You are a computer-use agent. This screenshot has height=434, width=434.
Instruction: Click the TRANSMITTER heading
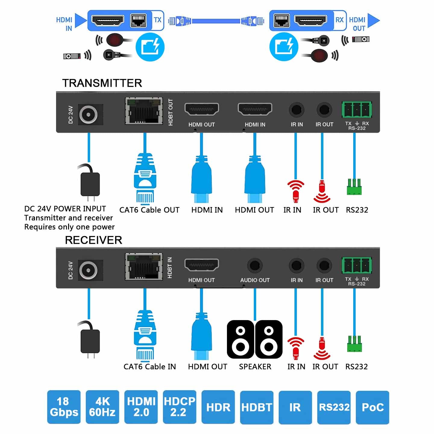[102, 83]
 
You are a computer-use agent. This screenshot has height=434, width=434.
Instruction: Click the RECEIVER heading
[93, 240]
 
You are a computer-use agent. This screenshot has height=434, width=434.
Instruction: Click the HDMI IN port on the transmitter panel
[255, 109]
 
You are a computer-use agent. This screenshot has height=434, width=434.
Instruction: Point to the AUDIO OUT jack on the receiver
[255, 266]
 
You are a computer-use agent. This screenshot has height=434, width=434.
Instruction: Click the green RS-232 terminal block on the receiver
[357, 266]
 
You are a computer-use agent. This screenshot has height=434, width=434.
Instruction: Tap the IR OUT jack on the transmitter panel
[324, 110]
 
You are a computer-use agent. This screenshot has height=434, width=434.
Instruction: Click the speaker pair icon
[255, 339]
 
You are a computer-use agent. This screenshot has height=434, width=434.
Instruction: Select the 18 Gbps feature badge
[64, 407]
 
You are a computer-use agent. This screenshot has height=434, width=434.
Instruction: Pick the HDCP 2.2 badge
[179, 407]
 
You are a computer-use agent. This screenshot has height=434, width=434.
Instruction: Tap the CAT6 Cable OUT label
[149, 210]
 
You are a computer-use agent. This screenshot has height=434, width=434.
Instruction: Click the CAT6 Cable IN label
[149, 367]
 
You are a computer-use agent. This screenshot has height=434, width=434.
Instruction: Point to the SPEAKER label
[255, 367]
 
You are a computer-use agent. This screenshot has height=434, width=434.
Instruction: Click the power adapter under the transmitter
[90, 184]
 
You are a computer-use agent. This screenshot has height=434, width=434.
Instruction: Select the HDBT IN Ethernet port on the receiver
[144, 267]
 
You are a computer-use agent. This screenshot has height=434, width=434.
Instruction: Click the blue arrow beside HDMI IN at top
[80, 20]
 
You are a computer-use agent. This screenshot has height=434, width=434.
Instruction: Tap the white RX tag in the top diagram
[340, 20]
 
